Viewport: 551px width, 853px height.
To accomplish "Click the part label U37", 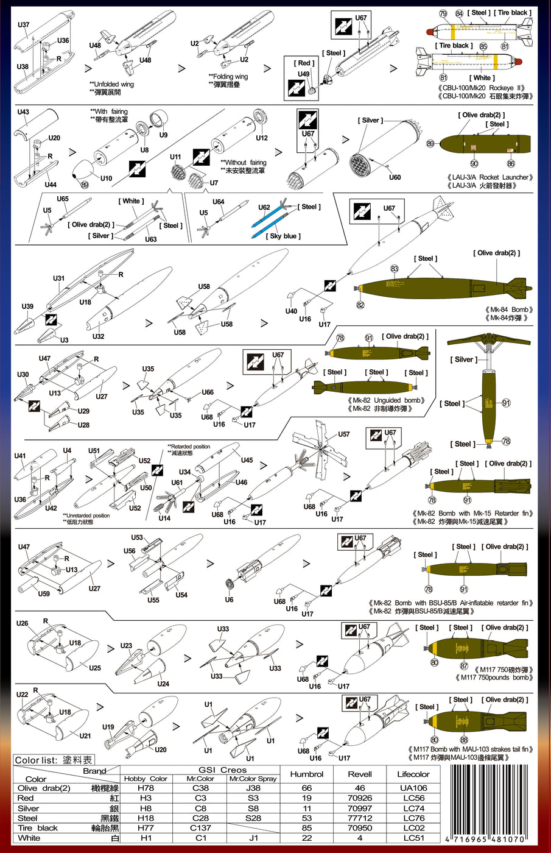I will [x=23, y=25].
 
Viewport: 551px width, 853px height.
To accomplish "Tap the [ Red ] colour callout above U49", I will [x=304, y=63].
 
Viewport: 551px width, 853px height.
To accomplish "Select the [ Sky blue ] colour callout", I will [x=283, y=236].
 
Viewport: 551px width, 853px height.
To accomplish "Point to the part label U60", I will [x=395, y=177].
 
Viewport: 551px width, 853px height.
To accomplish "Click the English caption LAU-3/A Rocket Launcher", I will [x=490, y=177].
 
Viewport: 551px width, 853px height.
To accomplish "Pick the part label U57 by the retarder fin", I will [x=344, y=434].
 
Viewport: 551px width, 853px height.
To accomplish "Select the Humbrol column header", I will [x=307, y=774].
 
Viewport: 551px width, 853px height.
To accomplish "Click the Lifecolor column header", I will [x=413, y=774].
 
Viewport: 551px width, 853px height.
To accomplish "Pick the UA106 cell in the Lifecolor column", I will [x=413, y=788].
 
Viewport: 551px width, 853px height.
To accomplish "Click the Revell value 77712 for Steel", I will [x=360, y=818].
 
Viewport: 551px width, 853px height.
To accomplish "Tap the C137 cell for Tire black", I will [x=200, y=827].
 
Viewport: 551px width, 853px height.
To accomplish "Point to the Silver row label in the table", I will [x=29, y=808].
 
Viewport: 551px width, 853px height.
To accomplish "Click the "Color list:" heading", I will [x=37, y=760].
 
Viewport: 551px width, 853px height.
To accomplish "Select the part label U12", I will [x=261, y=138].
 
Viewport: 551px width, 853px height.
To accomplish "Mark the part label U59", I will [x=44, y=593].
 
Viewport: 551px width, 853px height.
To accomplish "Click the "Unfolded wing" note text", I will [x=113, y=84].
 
